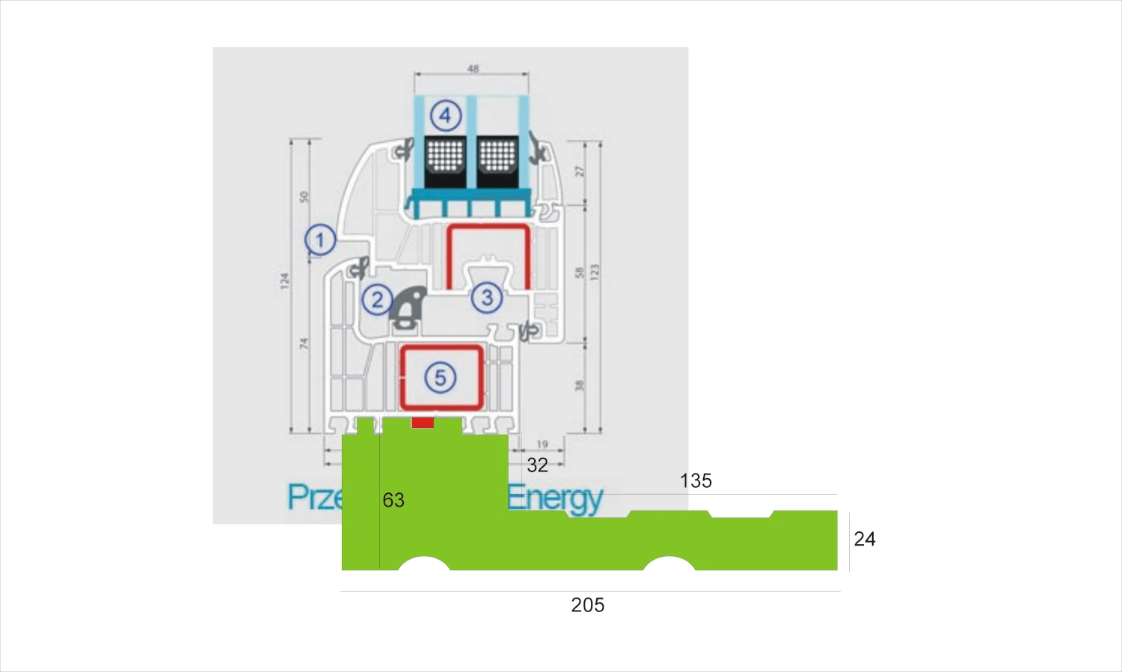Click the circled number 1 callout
(x=320, y=240)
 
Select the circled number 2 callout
(x=377, y=300)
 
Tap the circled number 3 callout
(x=487, y=298)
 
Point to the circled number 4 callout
(x=445, y=115)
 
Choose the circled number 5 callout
(x=440, y=378)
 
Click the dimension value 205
(x=587, y=605)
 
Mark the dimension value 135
(x=696, y=481)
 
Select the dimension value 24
(x=865, y=539)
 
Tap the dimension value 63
(x=393, y=500)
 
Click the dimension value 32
(x=537, y=465)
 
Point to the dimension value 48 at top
(x=473, y=69)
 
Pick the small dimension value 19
(x=542, y=445)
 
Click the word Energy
(x=555, y=498)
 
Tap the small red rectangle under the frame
(x=423, y=423)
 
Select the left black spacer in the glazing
(x=445, y=162)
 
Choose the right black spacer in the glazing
(x=497, y=162)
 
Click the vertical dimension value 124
(x=284, y=281)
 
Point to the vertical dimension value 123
(x=595, y=272)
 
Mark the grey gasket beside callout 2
(x=408, y=307)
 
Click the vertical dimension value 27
(x=579, y=171)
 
